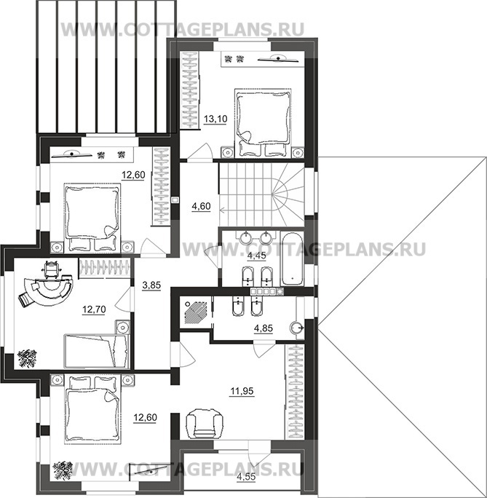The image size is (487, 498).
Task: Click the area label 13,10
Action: [x=215, y=119]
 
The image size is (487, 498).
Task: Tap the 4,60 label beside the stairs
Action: [x=201, y=207]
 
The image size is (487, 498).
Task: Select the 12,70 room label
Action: [x=94, y=309]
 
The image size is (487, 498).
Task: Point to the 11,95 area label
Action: [x=242, y=391]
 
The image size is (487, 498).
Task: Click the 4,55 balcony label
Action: [x=246, y=476]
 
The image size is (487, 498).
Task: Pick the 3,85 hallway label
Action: [x=151, y=285]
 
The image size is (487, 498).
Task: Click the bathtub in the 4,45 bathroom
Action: [x=292, y=258]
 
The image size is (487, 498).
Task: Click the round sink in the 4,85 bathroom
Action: [x=297, y=327]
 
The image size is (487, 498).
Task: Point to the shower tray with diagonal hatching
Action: [x=195, y=312]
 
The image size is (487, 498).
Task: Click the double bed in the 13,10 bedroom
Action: [x=263, y=123]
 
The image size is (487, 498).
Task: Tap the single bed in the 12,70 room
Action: [x=97, y=351]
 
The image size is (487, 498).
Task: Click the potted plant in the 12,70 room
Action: [x=28, y=358]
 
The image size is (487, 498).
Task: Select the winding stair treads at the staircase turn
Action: [x=288, y=193]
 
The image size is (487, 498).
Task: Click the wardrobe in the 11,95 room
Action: [x=295, y=392]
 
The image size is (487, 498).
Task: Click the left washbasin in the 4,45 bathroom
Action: [x=245, y=237]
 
